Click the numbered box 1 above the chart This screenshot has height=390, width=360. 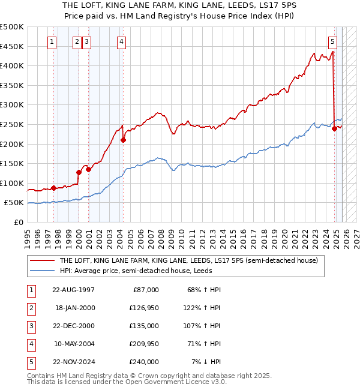point(53,42)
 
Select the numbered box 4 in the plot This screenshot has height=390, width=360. point(122,42)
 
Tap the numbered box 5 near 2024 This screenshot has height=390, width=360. point(332,42)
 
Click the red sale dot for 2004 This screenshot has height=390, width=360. point(123,140)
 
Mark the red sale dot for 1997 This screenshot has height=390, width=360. point(53,188)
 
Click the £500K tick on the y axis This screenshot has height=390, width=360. point(12,27)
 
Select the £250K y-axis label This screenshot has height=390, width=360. point(12,124)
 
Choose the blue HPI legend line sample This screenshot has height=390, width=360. point(42,271)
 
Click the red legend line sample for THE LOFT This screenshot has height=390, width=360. point(42,260)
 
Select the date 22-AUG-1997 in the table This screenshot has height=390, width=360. point(73,290)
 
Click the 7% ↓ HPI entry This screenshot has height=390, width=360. point(206,362)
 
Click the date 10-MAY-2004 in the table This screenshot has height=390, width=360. point(73,344)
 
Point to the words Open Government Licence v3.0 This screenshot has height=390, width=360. point(176,382)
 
